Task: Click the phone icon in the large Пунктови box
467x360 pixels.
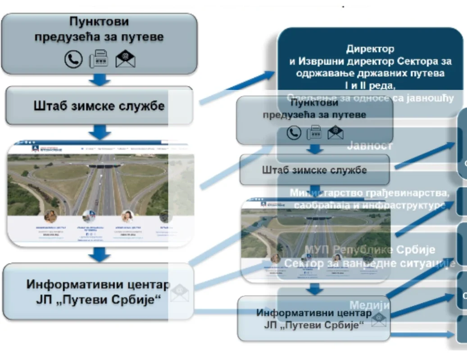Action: [73, 59]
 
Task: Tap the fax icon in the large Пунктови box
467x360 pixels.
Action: [99, 59]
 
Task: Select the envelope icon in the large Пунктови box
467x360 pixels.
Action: [125, 59]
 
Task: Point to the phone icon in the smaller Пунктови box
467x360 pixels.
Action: [294, 132]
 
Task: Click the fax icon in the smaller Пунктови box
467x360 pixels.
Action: [314, 132]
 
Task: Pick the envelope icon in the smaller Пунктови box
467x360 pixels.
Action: [335, 132]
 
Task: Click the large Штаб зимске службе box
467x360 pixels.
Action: [99, 106]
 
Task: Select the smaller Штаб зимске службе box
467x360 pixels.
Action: [314, 170]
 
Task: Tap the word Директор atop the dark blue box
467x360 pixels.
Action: [370, 49]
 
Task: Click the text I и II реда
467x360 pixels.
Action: [370, 85]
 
